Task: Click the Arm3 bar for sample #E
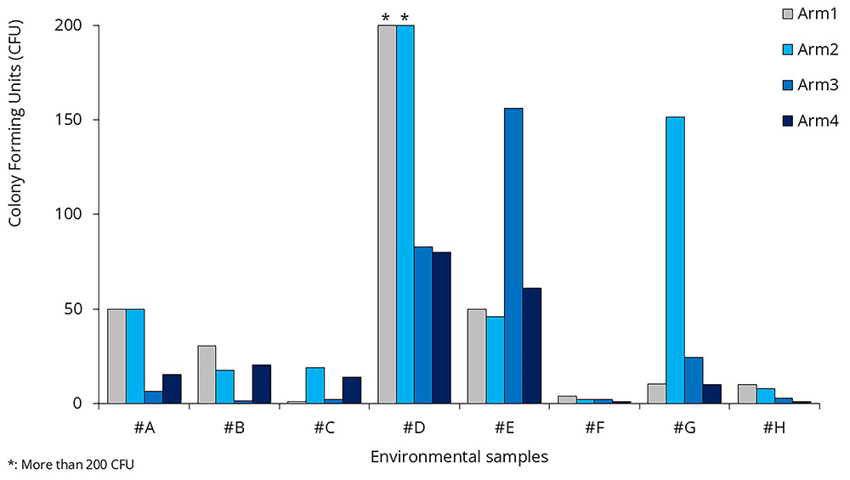pyautogui.click(x=513, y=256)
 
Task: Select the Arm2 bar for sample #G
pyautogui.click(x=676, y=260)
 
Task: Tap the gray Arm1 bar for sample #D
pyautogui.click(x=387, y=215)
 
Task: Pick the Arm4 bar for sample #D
pyautogui.click(x=441, y=328)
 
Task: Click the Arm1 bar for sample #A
pyautogui.click(x=117, y=357)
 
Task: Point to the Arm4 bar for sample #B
pyautogui.click(x=261, y=384)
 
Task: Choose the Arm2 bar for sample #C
pyautogui.click(x=315, y=386)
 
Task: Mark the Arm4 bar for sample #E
pyautogui.click(x=531, y=346)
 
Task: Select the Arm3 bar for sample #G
pyautogui.click(x=694, y=381)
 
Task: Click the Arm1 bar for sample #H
pyautogui.click(x=747, y=394)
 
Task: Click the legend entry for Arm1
pyautogui.click(x=810, y=14)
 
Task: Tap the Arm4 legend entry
pyautogui.click(x=810, y=121)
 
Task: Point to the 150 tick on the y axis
pyautogui.click(x=68, y=120)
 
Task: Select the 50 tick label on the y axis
pyautogui.click(x=72, y=309)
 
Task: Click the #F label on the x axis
pyautogui.click(x=595, y=428)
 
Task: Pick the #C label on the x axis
pyautogui.click(x=324, y=428)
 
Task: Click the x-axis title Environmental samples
pyautogui.click(x=460, y=457)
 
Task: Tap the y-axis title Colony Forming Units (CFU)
pyautogui.click(x=15, y=123)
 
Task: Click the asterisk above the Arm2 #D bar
pyautogui.click(x=405, y=17)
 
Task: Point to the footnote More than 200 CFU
pyautogui.click(x=77, y=465)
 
